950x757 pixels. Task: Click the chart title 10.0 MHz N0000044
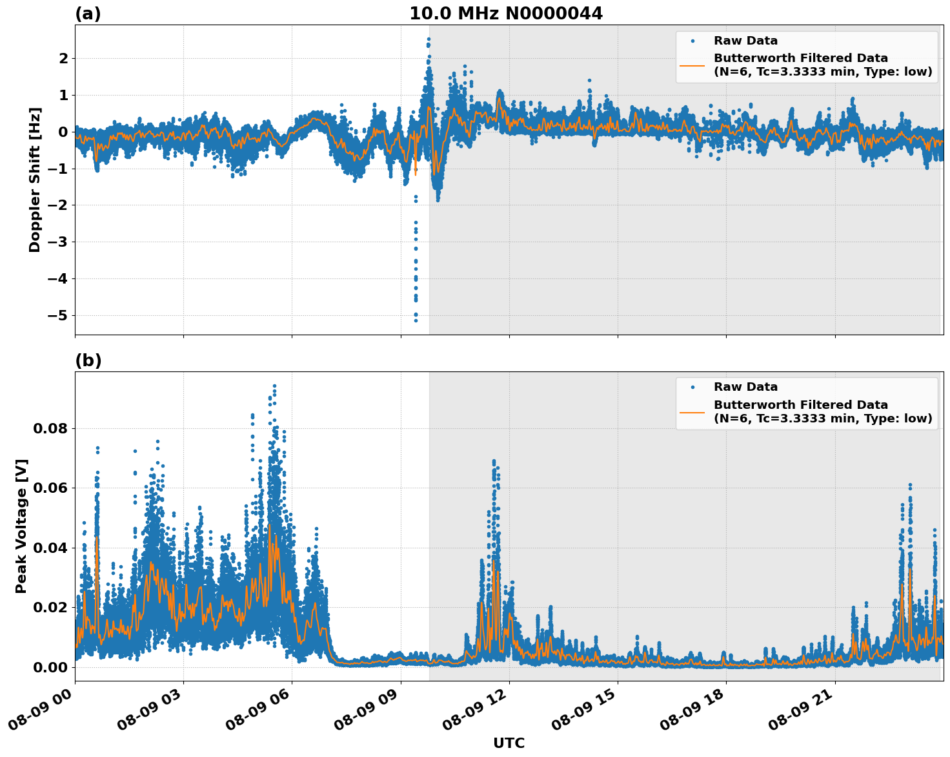click(x=506, y=14)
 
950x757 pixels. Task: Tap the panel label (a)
click(x=88, y=14)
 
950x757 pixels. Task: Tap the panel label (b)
click(x=88, y=360)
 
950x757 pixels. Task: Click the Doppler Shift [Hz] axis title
click(x=35, y=180)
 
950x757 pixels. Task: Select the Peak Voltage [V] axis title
click(x=21, y=526)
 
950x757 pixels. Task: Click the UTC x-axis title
click(x=509, y=743)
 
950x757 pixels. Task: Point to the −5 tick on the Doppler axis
click(x=57, y=316)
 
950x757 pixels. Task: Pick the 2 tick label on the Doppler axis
click(x=63, y=59)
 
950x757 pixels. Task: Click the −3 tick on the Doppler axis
click(x=57, y=242)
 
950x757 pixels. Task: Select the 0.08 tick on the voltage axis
click(x=50, y=429)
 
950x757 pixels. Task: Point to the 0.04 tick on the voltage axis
click(x=50, y=548)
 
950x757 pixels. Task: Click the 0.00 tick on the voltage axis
click(x=50, y=667)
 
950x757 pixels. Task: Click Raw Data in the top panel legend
click(x=745, y=41)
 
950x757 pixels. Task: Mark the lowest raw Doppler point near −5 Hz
click(x=416, y=320)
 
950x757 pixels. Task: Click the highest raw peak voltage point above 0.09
click(x=274, y=386)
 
